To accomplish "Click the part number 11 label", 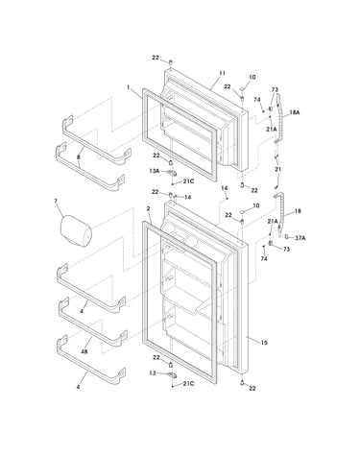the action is [x=222, y=73].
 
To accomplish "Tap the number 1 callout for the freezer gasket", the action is [x=129, y=86].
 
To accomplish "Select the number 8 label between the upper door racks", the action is [x=79, y=157].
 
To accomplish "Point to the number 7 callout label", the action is [x=56, y=202].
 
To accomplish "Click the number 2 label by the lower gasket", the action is [x=148, y=208].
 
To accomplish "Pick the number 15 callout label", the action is [x=264, y=343].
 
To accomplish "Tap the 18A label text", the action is [x=295, y=112].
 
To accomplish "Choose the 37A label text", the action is [x=300, y=238].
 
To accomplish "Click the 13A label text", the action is [x=154, y=171].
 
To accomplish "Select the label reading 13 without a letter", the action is [x=153, y=373].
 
